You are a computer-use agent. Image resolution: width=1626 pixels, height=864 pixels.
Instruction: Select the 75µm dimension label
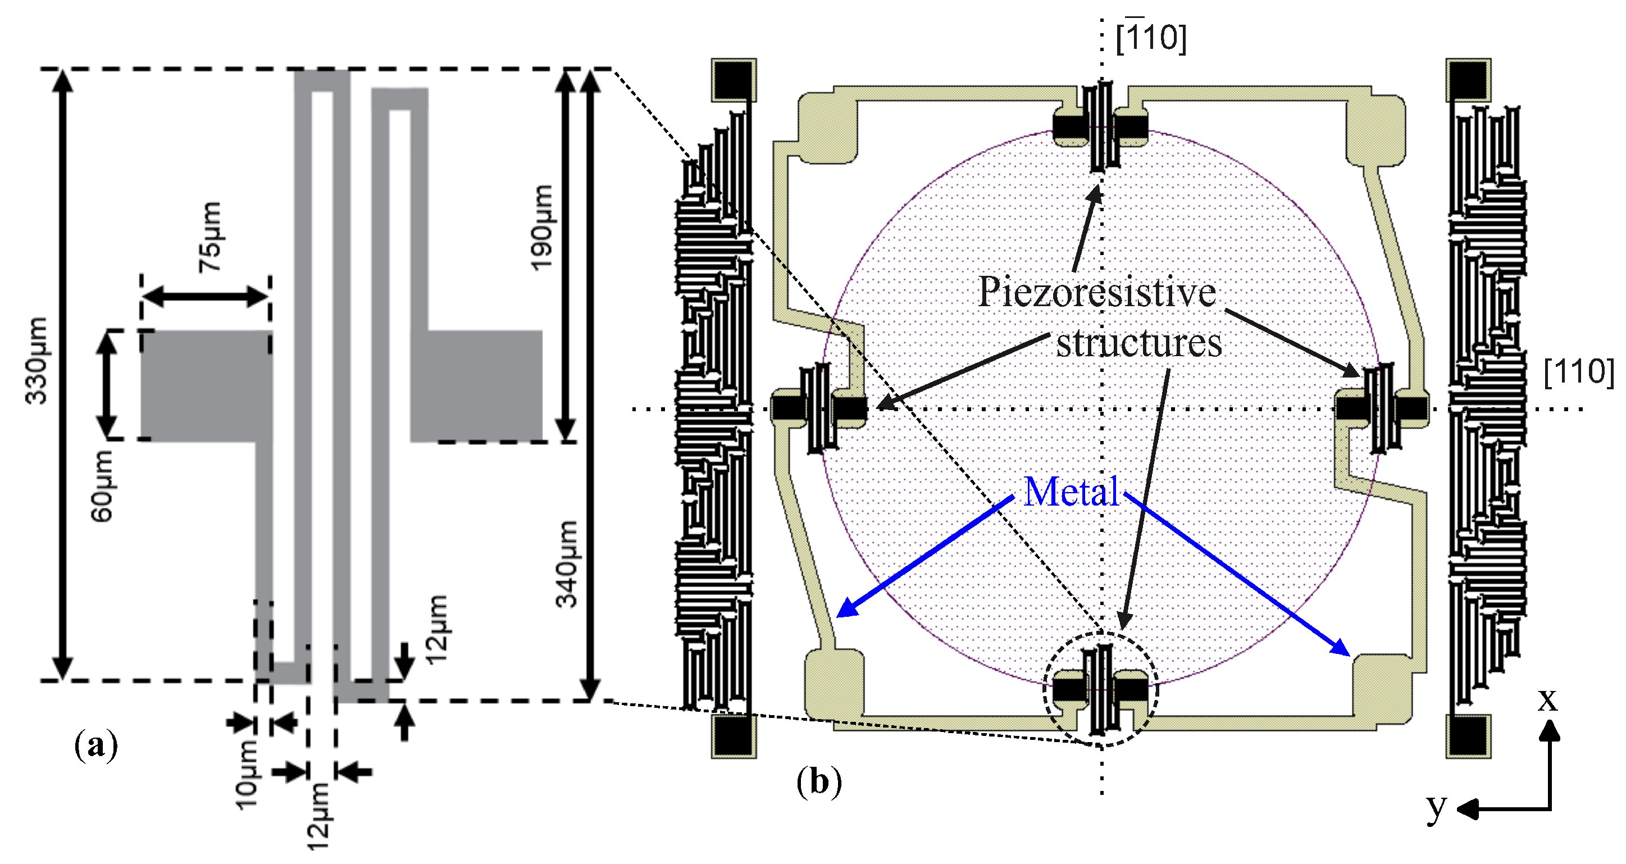tap(210, 237)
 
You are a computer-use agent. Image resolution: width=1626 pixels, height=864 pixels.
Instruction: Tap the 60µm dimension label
tap(102, 486)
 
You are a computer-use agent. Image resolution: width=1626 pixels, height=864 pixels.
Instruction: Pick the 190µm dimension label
tap(541, 228)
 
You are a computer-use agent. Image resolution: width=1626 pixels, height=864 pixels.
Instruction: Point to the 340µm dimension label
tap(566, 563)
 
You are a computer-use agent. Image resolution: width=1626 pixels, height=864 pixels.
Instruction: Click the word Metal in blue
tap(1071, 492)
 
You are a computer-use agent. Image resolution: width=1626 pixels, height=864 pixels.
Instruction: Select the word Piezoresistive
tap(1096, 292)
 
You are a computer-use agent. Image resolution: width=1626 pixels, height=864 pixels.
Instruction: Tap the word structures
tap(1138, 344)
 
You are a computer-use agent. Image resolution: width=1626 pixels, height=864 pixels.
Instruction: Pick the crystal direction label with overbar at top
tap(1151, 37)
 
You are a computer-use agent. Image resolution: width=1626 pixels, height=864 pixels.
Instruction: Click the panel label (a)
tap(95, 745)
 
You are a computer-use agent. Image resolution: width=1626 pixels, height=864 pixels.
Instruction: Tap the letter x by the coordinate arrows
tap(1547, 699)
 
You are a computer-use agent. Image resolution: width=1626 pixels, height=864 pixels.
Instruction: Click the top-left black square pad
tap(734, 80)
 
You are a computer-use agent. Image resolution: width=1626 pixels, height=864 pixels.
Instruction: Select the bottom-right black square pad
tap(1468, 736)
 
